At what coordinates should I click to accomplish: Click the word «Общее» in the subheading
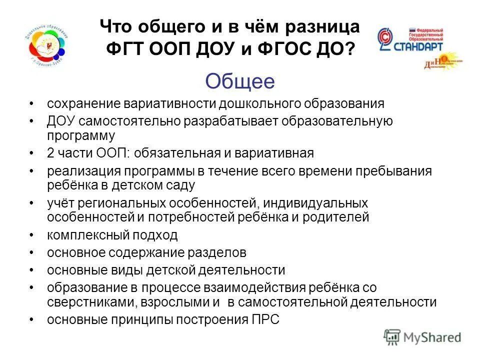pyautogui.click(x=240, y=81)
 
